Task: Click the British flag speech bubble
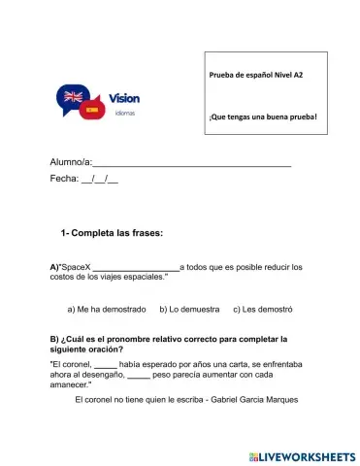coord(73,97)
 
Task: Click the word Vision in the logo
coord(125,98)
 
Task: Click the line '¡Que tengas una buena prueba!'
coord(263,116)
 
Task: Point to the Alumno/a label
coord(70,162)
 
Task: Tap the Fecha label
coord(63,181)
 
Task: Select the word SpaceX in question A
coord(72,266)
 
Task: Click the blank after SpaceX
coord(135,267)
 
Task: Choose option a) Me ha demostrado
coord(107,310)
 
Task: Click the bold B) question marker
coord(54,339)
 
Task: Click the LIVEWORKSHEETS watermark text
coord(308,455)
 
